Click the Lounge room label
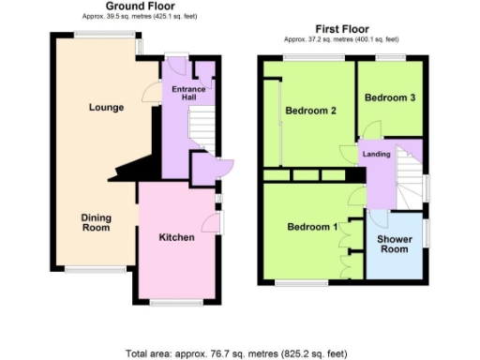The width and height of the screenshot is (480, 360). [x=106, y=108]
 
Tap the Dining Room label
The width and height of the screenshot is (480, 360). [x=96, y=222]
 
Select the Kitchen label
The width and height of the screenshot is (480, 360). [x=176, y=237]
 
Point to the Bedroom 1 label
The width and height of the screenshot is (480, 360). [x=312, y=228]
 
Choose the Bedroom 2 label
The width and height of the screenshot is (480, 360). [x=310, y=112]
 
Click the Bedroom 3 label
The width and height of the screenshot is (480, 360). [x=388, y=97]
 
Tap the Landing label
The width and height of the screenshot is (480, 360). [x=378, y=154]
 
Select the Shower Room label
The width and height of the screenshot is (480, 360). [x=394, y=244]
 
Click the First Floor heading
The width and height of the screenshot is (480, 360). [x=341, y=29]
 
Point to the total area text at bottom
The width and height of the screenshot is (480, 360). [x=235, y=353]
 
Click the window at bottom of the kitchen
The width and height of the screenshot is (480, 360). [x=171, y=301]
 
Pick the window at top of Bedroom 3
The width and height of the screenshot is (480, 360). [x=390, y=58]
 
